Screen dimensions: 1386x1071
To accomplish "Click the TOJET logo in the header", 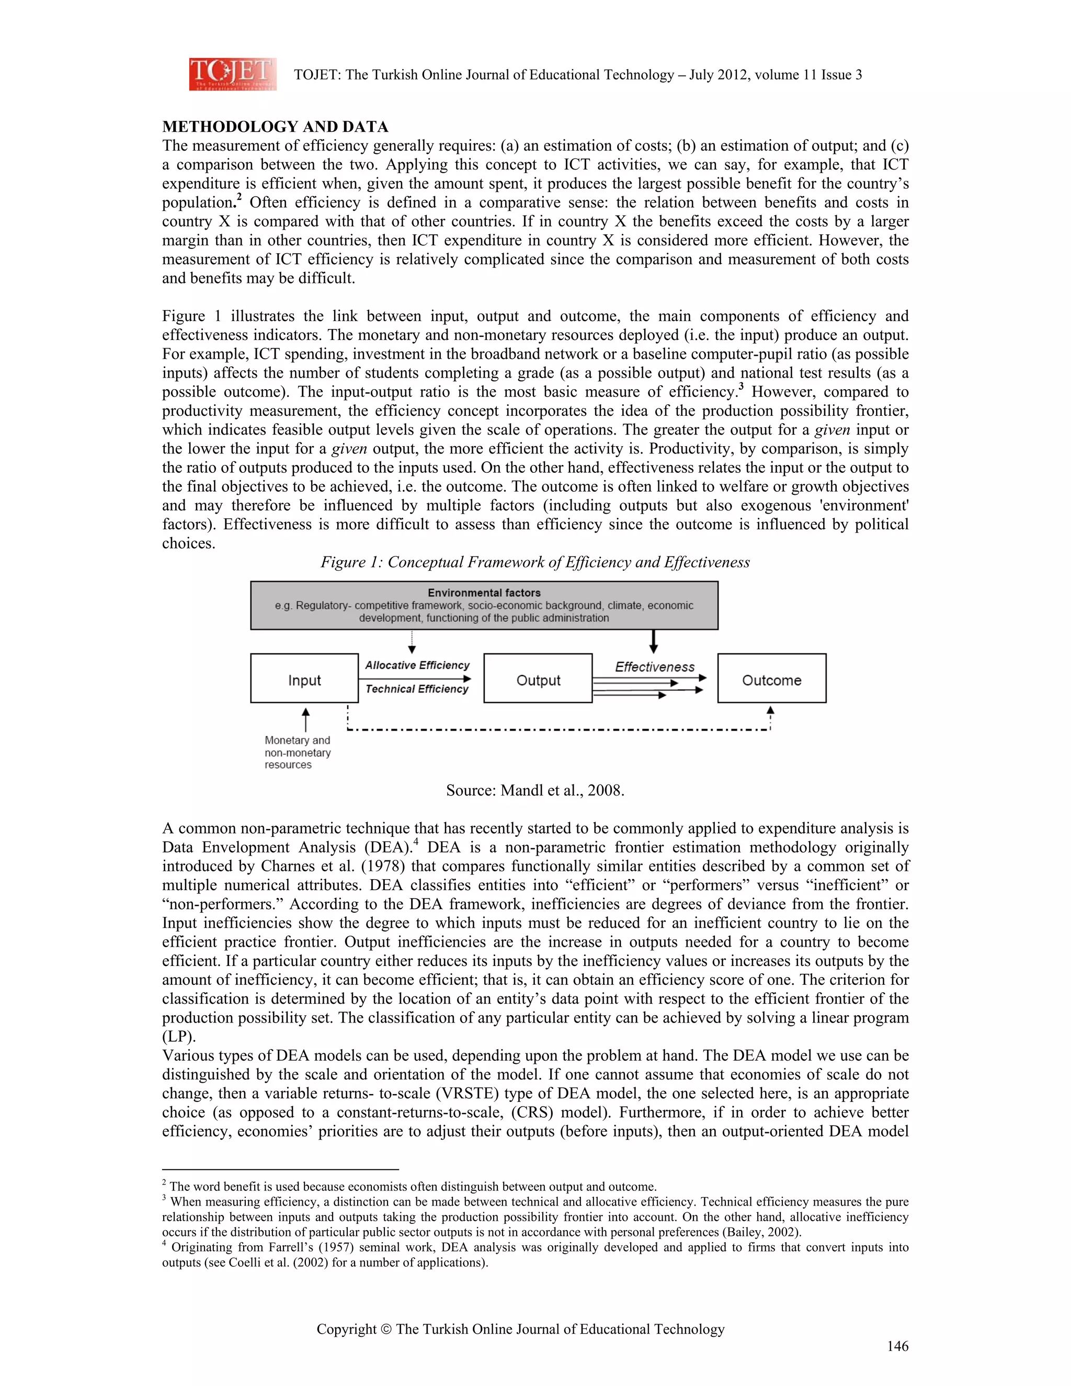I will pyautogui.click(x=232, y=74).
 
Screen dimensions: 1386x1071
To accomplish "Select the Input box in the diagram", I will pyautogui.click(x=304, y=679).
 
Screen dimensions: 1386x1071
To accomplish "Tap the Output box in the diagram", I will pyautogui.click(x=538, y=679).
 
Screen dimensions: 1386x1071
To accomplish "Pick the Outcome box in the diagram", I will pyautogui.click(x=771, y=679).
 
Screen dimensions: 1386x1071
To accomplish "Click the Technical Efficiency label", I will pyautogui.click(x=417, y=689).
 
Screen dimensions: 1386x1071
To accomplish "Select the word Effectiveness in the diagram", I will pyautogui.click(x=654, y=666).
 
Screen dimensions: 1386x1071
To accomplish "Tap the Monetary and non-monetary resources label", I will pyautogui.click(x=297, y=752).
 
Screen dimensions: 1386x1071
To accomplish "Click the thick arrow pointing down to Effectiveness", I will pyautogui.click(x=654, y=641).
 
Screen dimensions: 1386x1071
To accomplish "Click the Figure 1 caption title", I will pyautogui.click(x=535, y=562).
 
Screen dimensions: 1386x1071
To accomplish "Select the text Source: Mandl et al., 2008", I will pyautogui.click(x=535, y=790).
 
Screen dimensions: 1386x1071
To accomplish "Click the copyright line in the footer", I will pyautogui.click(x=520, y=1329).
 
